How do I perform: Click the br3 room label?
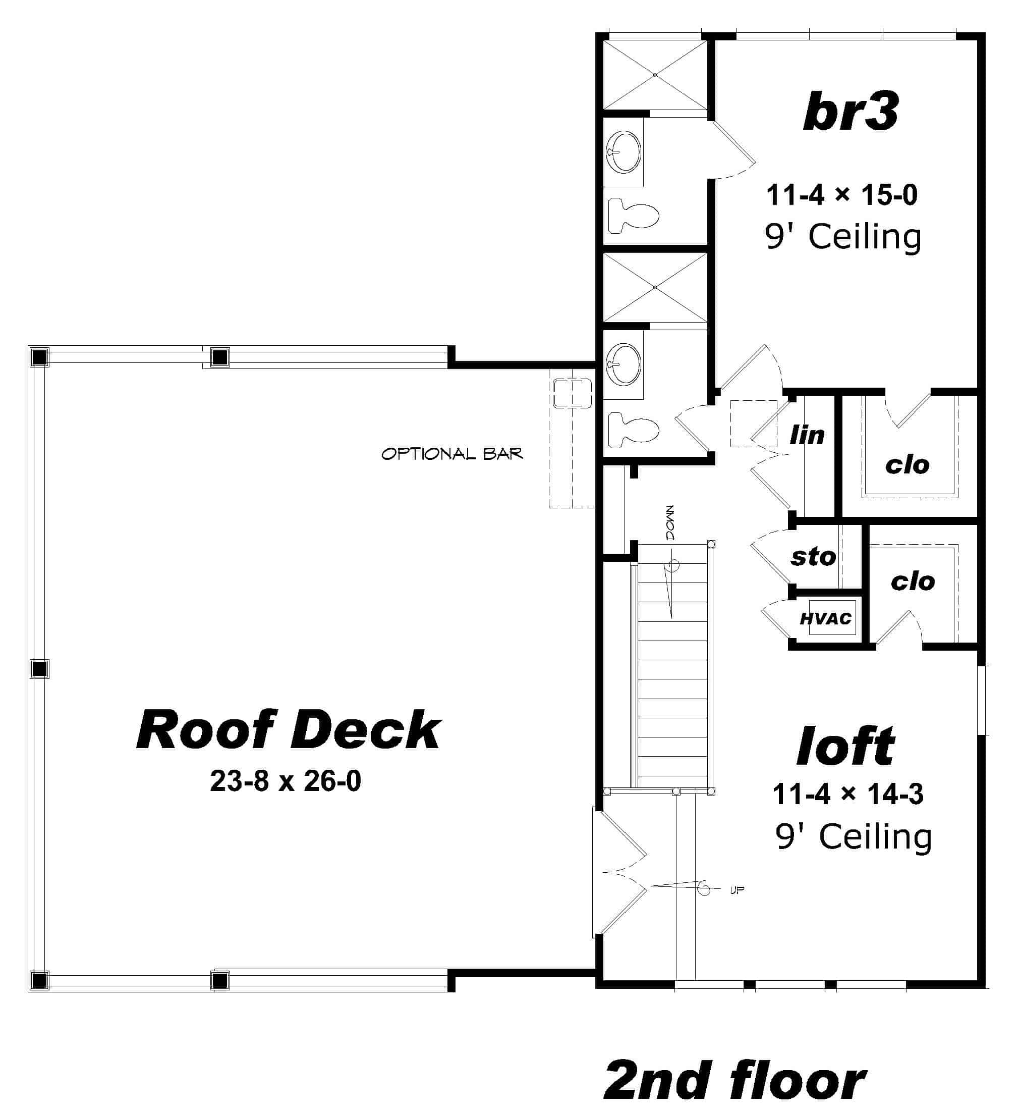pyautogui.click(x=851, y=112)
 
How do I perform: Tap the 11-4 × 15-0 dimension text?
pyautogui.click(x=841, y=195)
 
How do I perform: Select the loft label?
pyautogui.click(x=845, y=746)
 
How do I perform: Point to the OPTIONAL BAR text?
pyautogui.click(x=451, y=454)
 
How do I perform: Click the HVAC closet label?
pyautogui.click(x=825, y=619)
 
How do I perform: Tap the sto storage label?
pyautogui.click(x=813, y=557)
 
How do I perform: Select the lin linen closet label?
pyautogui.click(x=807, y=436)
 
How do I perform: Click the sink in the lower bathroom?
pyautogui.click(x=624, y=363)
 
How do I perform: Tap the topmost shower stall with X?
pyautogui.click(x=655, y=75)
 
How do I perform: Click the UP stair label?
pyautogui.click(x=737, y=890)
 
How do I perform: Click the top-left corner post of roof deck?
pyautogui.click(x=39, y=357)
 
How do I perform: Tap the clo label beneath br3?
pyautogui.click(x=907, y=465)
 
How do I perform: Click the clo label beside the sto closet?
pyautogui.click(x=913, y=581)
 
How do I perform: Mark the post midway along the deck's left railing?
pyautogui.click(x=39, y=669)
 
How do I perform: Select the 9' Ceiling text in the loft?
pyautogui.click(x=853, y=837)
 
